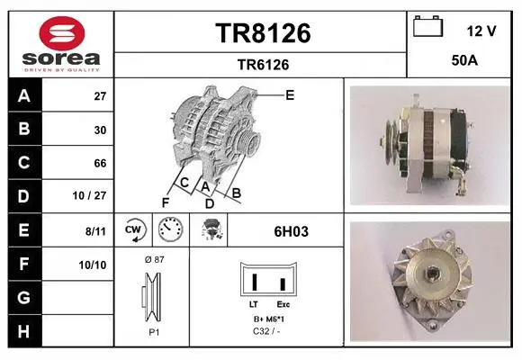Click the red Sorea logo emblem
coord(62,33)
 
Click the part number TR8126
coord(263,33)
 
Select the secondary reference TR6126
coord(263,65)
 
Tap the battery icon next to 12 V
coord(428,26)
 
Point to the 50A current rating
coord(464,60)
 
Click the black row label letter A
coord(24,96)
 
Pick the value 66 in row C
coord(100,163)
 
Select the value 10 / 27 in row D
coord(90,195)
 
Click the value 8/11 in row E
coord(96,230)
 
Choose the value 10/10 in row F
coord(93,265)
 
